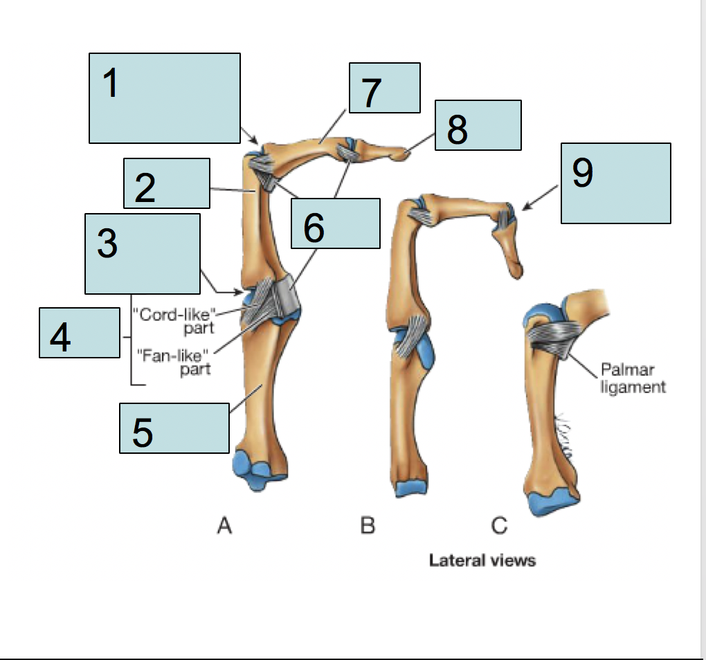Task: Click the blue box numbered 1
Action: (165, 98)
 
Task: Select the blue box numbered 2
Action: (166, 183)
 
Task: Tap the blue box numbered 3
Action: (142, 253)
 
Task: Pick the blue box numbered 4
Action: (79, 333)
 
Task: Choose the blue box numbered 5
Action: (174, 429)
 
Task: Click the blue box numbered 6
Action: (335, 223)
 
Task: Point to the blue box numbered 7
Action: (384, 88)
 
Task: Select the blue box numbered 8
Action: (478, 125)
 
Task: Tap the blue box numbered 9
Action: (615, 183)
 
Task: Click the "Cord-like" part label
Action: (175, 320)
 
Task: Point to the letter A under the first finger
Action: (224, 526)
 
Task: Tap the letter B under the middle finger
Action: (368, 526)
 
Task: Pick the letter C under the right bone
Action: (499, 526)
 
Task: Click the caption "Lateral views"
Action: (482, 560)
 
